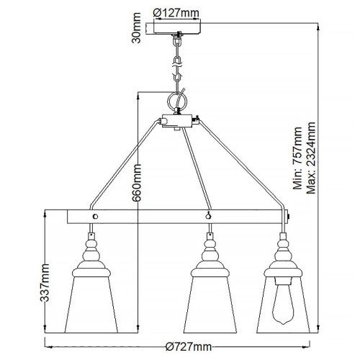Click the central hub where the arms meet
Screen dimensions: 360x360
[x=176, y=122]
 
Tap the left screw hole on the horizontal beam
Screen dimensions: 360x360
[x=94, y=215]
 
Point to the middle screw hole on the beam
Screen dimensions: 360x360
[x=209, y=215]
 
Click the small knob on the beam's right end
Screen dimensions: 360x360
[x=289, y=215]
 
